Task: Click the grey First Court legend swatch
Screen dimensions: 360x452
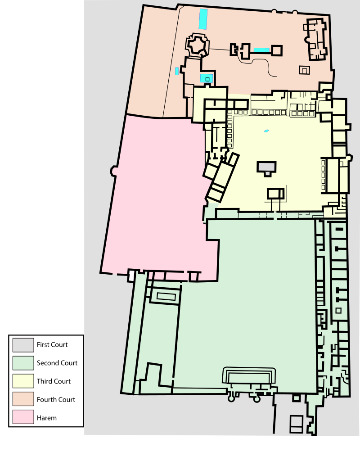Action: click(x=23, y=345)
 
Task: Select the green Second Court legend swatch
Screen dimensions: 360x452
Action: click(x=23, y=363)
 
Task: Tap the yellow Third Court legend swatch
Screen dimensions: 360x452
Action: click(x=23, y=381)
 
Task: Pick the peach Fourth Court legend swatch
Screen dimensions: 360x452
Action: click(x=23, y=399)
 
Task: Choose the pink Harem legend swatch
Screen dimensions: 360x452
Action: click(x=23, y=417)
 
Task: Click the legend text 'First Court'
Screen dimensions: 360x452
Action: click(x=52, y=345)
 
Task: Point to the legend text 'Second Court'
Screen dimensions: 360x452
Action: click(x=57, y=363)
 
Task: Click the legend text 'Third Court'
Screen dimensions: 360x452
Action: click(x=54, y=381)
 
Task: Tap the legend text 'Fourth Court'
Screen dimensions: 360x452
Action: click(x=56, y=399)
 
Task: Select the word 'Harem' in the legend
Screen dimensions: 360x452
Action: click(x=47, y=418)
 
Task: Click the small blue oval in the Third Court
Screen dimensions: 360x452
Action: click(x=266, y=131)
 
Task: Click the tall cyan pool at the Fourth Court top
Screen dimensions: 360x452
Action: click(x=203, y=19)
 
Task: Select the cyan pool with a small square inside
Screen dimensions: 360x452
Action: click(x=207, y=78)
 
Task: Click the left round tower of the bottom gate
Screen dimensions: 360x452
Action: click(x=231, y=399)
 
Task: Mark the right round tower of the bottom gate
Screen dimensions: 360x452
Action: click(x=256, y=399)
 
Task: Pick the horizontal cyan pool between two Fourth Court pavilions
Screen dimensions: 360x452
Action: click(x=261, y=50)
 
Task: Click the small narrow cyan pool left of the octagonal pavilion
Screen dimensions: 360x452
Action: click(x=177, y=71)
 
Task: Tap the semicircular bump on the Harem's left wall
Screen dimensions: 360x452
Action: click(x=113, y=171)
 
